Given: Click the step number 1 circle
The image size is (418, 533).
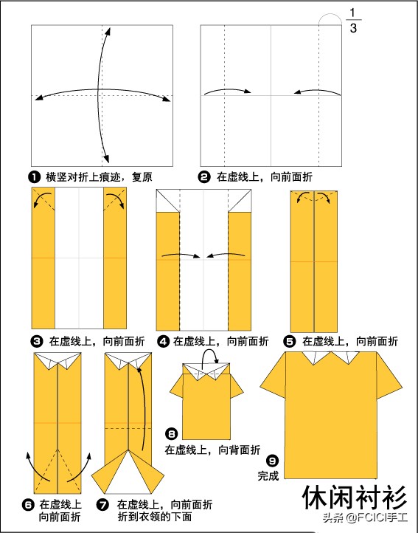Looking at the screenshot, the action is click(x=35, y=177).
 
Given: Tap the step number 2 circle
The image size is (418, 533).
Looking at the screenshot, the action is click(x=204, y=177).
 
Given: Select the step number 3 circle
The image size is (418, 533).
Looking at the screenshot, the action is click(x=37, y=341).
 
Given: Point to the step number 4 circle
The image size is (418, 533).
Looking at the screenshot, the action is click(x=163, y=341).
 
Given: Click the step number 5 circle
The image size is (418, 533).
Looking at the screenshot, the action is click(x=289, y=341).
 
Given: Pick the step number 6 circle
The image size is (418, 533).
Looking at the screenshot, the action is click(x=28, y=504).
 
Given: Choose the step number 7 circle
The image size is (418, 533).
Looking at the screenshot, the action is click(x=102, y=504).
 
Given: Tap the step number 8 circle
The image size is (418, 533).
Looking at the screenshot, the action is click(x=172, y=434).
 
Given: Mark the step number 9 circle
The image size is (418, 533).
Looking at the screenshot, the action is click(x=272, y=461).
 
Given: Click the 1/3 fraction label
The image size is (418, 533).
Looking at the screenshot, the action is click(x=353, y=21).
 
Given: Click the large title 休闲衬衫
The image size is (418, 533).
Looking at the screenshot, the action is click(x=354, y=498).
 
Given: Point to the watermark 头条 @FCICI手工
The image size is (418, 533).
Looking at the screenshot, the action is click(x=365, y=517).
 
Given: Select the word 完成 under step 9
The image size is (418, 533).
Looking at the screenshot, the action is click(x=268, y=476).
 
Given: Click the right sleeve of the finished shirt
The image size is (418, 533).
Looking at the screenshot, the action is click(x=388, y=377).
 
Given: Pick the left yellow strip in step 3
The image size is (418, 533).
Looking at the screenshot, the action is click(x=43, y=258).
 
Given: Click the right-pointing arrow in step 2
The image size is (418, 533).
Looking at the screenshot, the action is click(x=227, y=91).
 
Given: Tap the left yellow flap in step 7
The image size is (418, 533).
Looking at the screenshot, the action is click(x=111, y=472).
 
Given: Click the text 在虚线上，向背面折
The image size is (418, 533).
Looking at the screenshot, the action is click(x=212, y=450).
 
